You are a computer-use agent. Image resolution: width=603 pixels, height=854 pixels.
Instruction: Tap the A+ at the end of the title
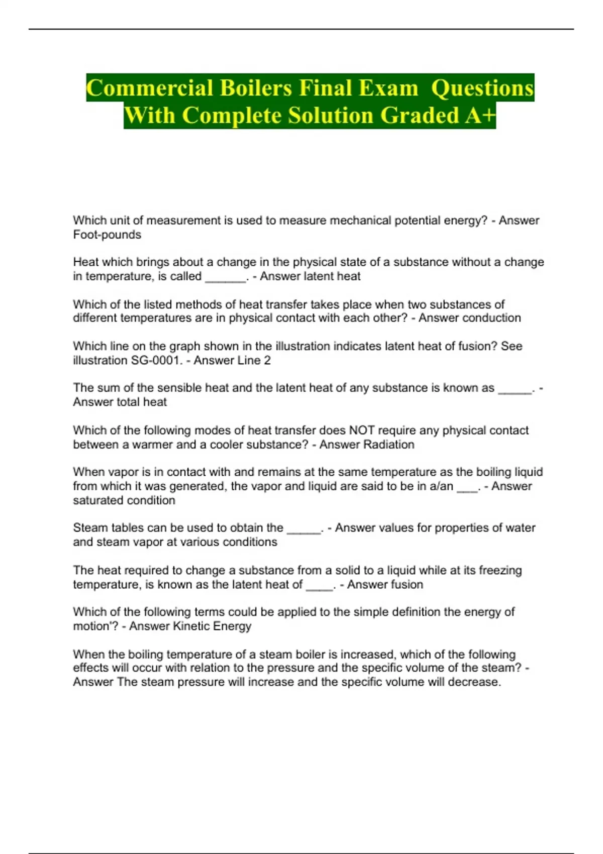coord(480,116)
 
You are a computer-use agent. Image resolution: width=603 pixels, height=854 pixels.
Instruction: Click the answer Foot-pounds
coord(107,235)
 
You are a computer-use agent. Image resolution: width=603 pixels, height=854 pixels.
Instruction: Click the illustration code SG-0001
coord(155,360)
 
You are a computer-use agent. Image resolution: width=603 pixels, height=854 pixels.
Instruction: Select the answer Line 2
coord(252,360)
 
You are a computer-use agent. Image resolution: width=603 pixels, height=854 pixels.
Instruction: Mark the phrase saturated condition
coord(124,500)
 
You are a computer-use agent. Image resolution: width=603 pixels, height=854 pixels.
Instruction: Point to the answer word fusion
coord(407,585)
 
